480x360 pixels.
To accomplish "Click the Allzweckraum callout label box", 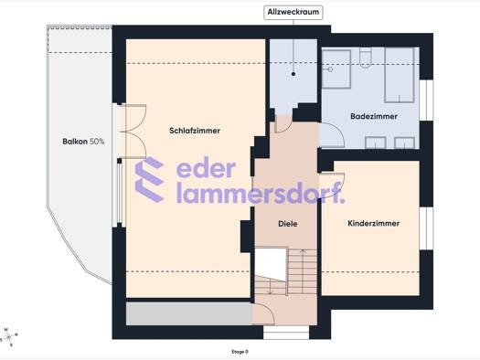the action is [293, 13].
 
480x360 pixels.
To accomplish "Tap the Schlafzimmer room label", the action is [195, 131].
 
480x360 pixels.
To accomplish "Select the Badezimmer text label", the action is [374, 117].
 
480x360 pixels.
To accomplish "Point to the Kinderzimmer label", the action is [373, 223].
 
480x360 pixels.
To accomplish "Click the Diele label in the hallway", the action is [287, 224].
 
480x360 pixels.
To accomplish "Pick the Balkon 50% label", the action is [83, 142].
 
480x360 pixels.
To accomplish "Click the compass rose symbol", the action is [9, 337].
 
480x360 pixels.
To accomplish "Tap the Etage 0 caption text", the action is [240, 352].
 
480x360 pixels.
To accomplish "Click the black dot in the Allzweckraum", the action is [293, 74].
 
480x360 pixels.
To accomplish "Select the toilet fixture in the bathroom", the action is [365, 58].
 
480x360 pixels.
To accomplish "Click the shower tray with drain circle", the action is [336, 69].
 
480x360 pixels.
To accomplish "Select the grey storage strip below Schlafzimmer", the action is [189, 313].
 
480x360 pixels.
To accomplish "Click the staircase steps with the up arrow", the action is [303, 271].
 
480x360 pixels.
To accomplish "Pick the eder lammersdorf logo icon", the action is [149, 179].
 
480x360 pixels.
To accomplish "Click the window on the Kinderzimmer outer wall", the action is [426, 228].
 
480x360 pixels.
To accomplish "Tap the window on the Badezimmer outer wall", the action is [426, 101].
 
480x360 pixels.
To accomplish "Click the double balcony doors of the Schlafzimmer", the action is [133, 132].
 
